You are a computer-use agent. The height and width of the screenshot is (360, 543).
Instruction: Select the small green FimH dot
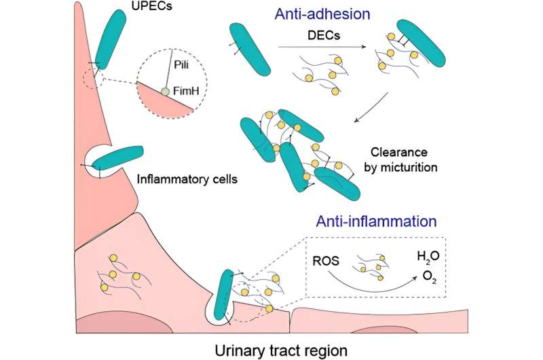point(165,92)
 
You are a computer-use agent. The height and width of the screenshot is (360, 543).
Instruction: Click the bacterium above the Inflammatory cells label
point(117,158)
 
